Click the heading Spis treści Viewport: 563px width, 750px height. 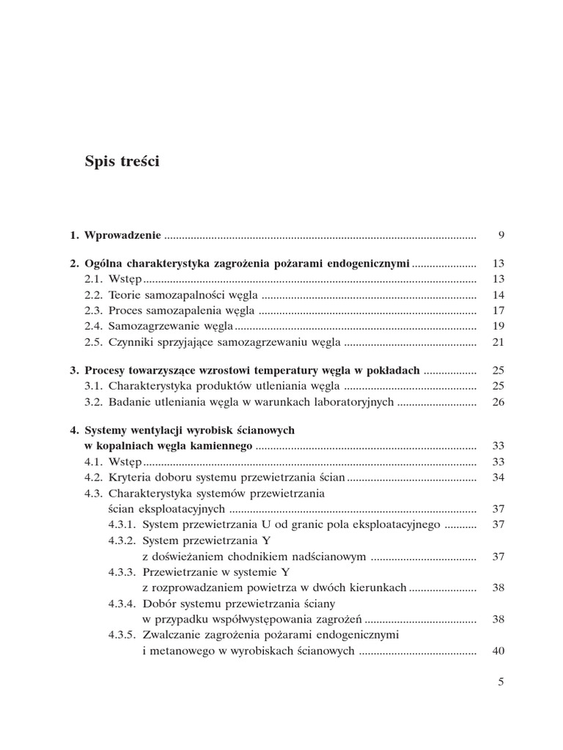[x=122, y=162]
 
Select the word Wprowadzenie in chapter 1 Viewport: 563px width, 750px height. [x=122, y=235]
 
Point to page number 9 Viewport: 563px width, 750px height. [x=501, y=235]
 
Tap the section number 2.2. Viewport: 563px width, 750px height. [x=95, y=294]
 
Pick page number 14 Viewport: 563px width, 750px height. [x=499, y=294]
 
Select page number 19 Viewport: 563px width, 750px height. [x=499, y=325]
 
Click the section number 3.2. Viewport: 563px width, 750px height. [x=95, y=401]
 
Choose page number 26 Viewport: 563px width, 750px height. [x=499, y=401]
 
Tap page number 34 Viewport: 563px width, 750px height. [x=499, y=478]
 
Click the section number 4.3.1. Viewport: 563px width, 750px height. [x=122, y=524]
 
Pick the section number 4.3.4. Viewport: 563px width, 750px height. [x=122, y=603]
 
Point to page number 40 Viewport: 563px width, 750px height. [x=499, y=650]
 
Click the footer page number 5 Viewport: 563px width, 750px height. [x=501, y=682]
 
